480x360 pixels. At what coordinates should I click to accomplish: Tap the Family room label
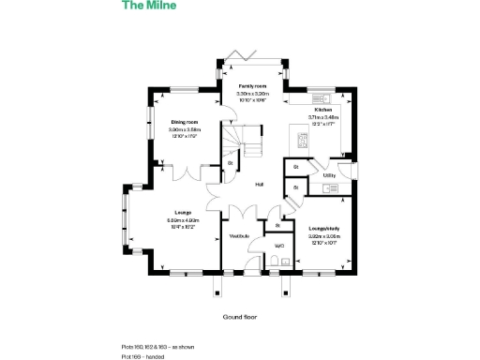(252, 87)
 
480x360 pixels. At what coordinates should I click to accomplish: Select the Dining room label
(185, 122)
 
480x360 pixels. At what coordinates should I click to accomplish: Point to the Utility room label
(329, 175)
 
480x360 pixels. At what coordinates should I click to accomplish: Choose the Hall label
(259, 184)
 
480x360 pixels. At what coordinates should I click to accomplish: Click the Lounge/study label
(322, 228)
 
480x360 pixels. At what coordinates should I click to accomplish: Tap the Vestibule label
(240, 235)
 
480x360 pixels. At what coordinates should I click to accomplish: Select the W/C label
(279, 247)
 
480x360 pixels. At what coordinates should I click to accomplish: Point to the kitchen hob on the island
(303, 141)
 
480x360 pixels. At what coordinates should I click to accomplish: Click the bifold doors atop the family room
(252, 62)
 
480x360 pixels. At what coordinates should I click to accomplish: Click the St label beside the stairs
(230, 164)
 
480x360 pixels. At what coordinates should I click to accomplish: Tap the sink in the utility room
(329, 188)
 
